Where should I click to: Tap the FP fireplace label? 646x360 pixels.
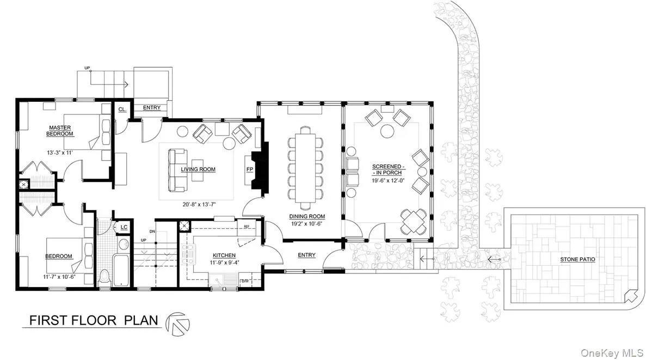[x=250, y=169]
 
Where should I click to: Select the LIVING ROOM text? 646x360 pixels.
[x=198, y=169]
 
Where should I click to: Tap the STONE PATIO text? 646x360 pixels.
[x=577, y=260]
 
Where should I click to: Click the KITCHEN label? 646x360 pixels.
[x=224, y=255]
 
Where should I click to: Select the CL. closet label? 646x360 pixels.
[x=122, y=109]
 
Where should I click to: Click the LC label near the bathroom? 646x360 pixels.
[x=124, y=227]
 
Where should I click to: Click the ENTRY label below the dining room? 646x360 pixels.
[x=306, y=255]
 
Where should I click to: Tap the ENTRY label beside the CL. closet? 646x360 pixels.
[x=152, y=108]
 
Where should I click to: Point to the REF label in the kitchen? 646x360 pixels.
[x=246, y=226]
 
